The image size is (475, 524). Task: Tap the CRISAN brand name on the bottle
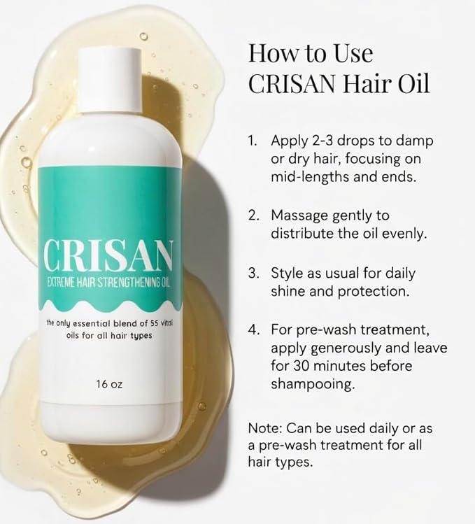point(108,256)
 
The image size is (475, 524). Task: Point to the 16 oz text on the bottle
point(109,384)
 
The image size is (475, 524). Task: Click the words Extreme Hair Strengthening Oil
point(108,283)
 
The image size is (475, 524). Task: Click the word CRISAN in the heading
point(291,83)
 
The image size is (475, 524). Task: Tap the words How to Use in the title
point(311,53)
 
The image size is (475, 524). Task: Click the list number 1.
point(253,141)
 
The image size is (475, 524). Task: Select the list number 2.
point(254,215)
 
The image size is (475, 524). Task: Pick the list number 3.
point(254,273)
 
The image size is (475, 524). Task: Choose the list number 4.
point(254,330)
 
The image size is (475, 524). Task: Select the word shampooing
point(312,385)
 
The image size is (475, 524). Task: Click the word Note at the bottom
point(265,428)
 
